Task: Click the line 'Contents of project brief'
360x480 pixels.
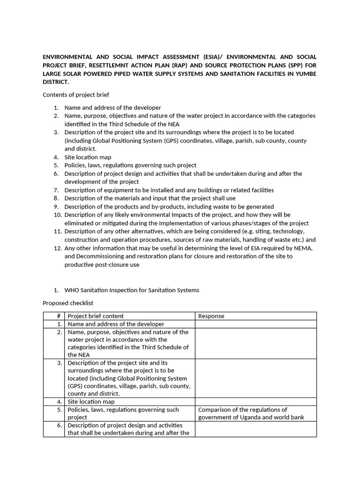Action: [x=76, y=95]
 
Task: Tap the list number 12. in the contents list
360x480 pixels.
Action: [x=58, y=248]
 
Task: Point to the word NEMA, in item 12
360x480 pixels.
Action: [x=302, y=248]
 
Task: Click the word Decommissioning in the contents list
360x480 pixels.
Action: [x=99, y=256]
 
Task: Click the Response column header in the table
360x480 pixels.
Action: [x=211, y=316]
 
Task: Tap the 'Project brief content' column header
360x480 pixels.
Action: [x=96, y=316]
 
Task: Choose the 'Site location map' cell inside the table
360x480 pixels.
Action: [x=91, y=402]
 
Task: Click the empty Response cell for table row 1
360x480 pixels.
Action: [x=255, y=324]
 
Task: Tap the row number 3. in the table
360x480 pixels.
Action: [x=60, y=363]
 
